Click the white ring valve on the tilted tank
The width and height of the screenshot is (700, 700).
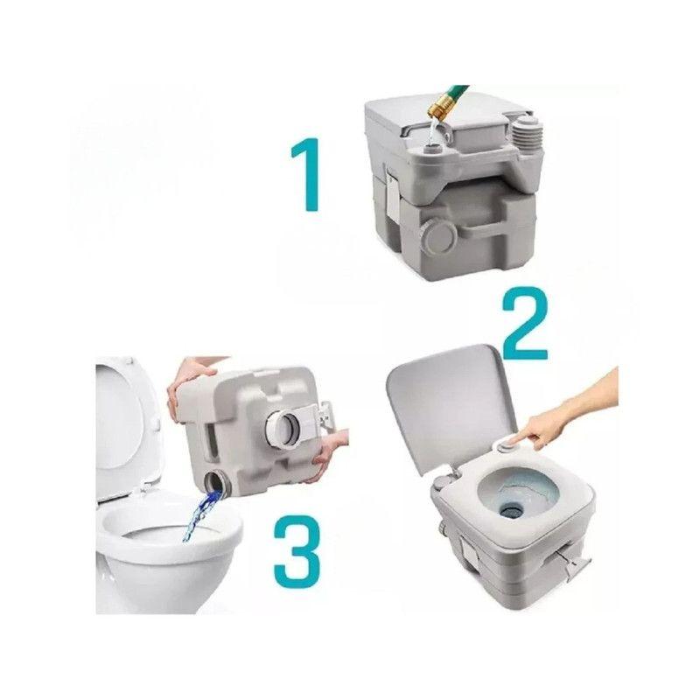tap(287, 429)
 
